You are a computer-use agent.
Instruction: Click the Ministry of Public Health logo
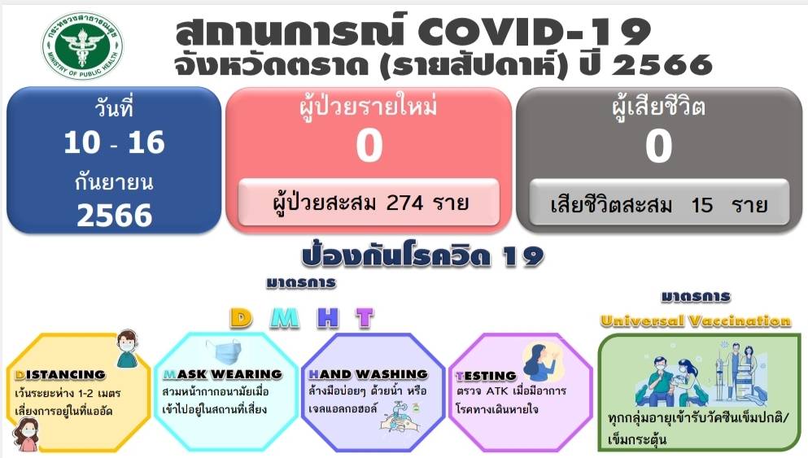pos(82,46)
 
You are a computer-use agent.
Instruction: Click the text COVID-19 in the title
pos(534,32)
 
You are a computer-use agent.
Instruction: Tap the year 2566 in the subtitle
pos(662,65)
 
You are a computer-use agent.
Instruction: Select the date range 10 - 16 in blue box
pos(115,142)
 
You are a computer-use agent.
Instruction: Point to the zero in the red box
pos(369,146)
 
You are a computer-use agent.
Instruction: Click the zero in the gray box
pos(658,146)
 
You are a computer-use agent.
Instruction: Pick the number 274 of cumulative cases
pos(405,203)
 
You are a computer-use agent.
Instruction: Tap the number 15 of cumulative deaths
pos(702,205)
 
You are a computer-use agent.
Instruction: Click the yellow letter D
pos(241,318)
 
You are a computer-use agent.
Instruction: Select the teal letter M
pos(285,318)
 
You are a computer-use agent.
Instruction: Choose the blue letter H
pos(328,318)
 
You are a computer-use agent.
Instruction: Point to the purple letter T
pos(365,318)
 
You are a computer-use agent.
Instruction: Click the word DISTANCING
pos(60,375)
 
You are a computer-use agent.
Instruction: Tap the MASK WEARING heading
pos(223,374)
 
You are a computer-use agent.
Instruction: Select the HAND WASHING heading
pos(368,374)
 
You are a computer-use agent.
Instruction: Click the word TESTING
pos(486,376)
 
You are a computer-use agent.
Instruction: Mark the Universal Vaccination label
pos(695,321)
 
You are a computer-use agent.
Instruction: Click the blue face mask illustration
pos(224,352)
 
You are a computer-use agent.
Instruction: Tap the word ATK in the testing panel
pos(498,391)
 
